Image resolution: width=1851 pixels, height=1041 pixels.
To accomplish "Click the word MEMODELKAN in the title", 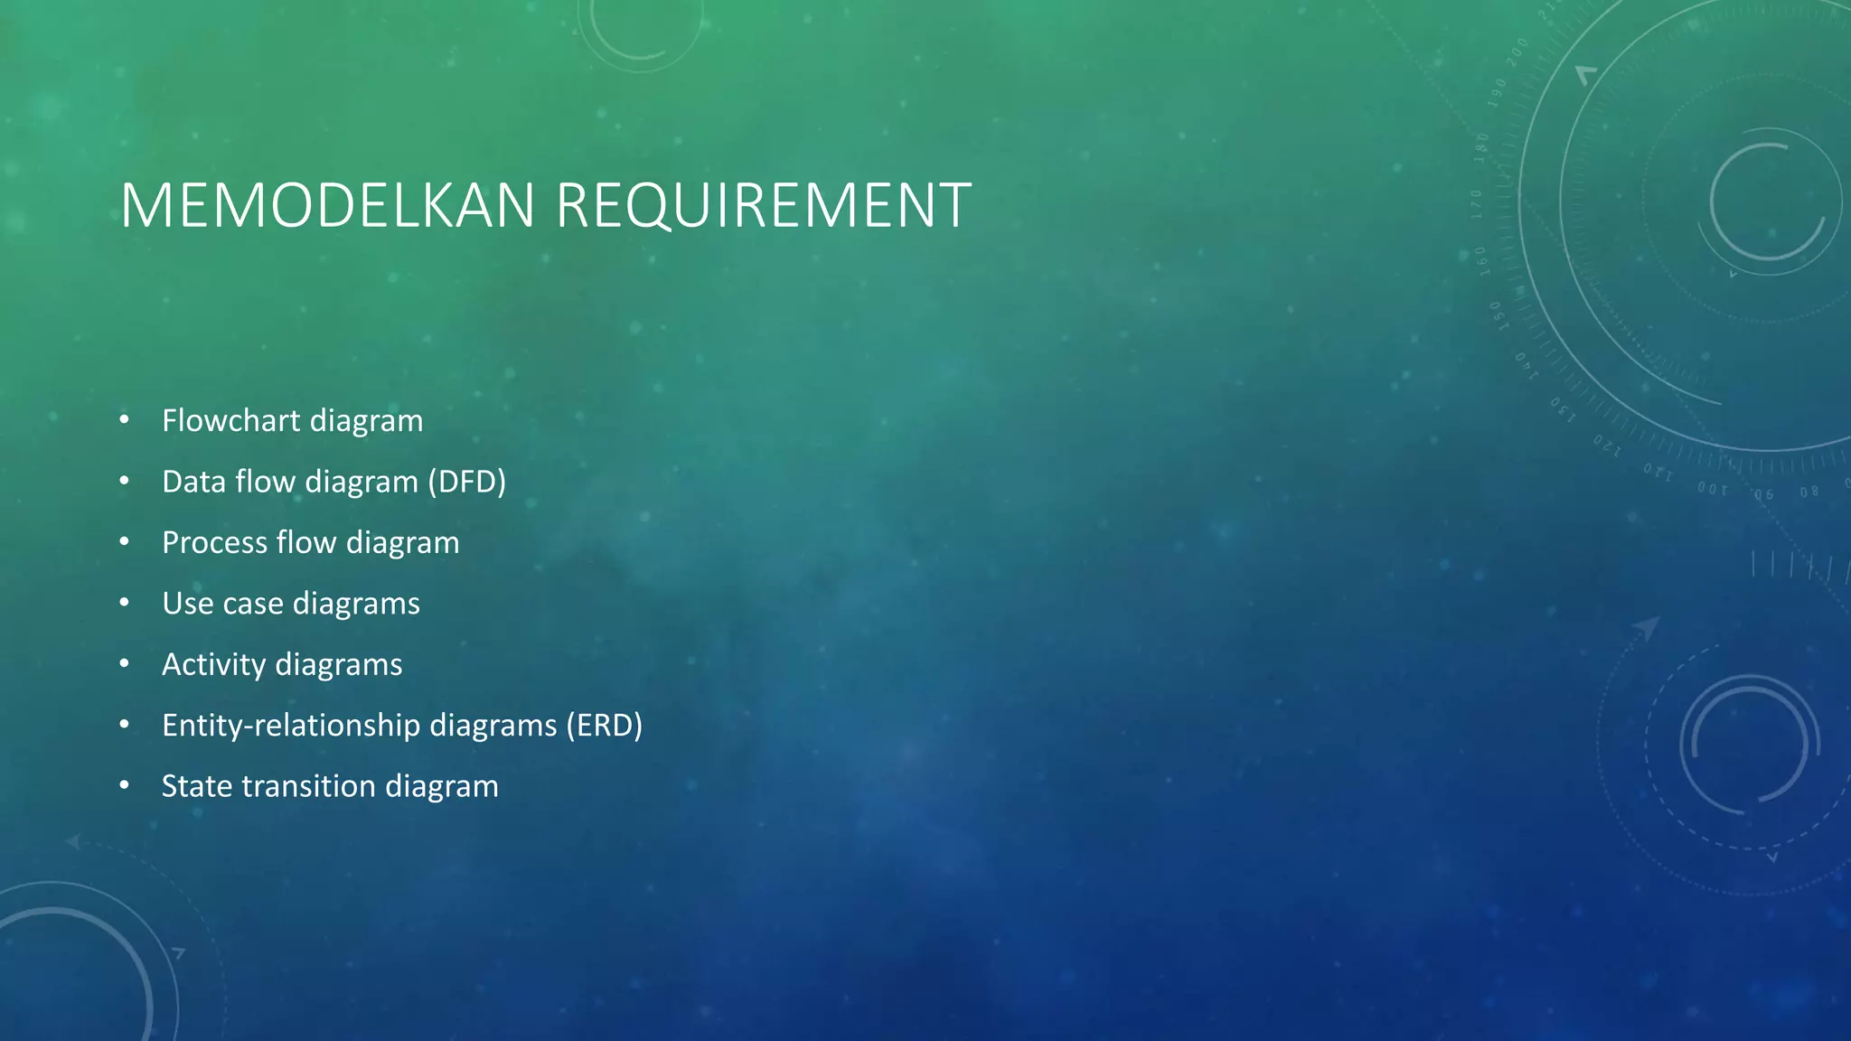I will [328, 206].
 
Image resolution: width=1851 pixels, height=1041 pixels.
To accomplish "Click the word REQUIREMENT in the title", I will [764, 206].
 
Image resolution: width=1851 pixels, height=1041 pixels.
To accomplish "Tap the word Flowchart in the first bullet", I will [230, 420].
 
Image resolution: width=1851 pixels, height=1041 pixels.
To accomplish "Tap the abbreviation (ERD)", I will [605, 725].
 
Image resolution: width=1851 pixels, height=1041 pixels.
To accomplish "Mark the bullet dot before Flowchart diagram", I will [124, 420].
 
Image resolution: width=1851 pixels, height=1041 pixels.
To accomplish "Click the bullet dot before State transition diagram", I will [124, 786].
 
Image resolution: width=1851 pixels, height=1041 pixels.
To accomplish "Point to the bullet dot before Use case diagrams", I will [124, 603].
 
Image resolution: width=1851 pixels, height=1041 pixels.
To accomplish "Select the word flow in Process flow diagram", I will [306, 542].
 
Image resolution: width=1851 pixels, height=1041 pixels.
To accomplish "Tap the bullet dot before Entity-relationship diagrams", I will [124, 725].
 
